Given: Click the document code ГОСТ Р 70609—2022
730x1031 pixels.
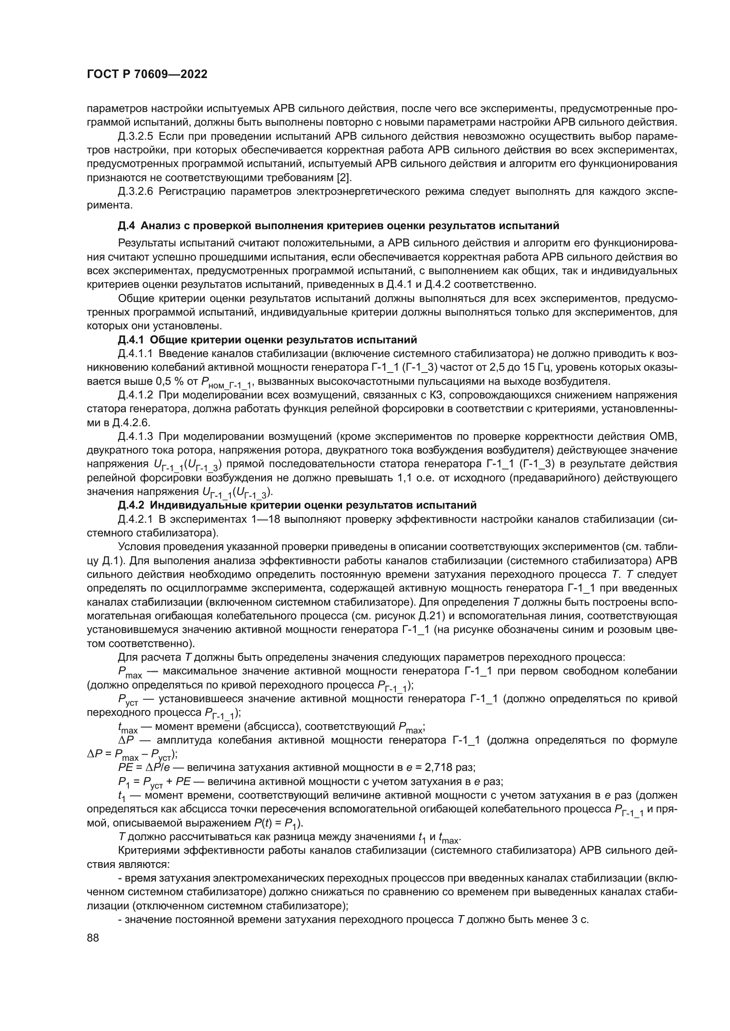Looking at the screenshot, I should point(147,74).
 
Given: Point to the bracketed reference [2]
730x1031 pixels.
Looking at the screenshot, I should point(343,177).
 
